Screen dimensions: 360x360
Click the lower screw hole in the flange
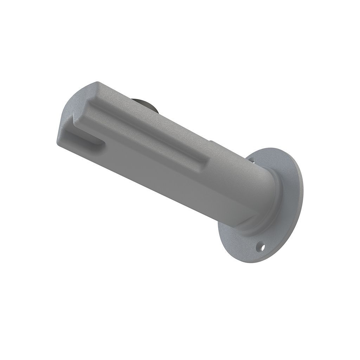260,247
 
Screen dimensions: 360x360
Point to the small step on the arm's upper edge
211,141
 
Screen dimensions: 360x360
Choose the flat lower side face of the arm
158,183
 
